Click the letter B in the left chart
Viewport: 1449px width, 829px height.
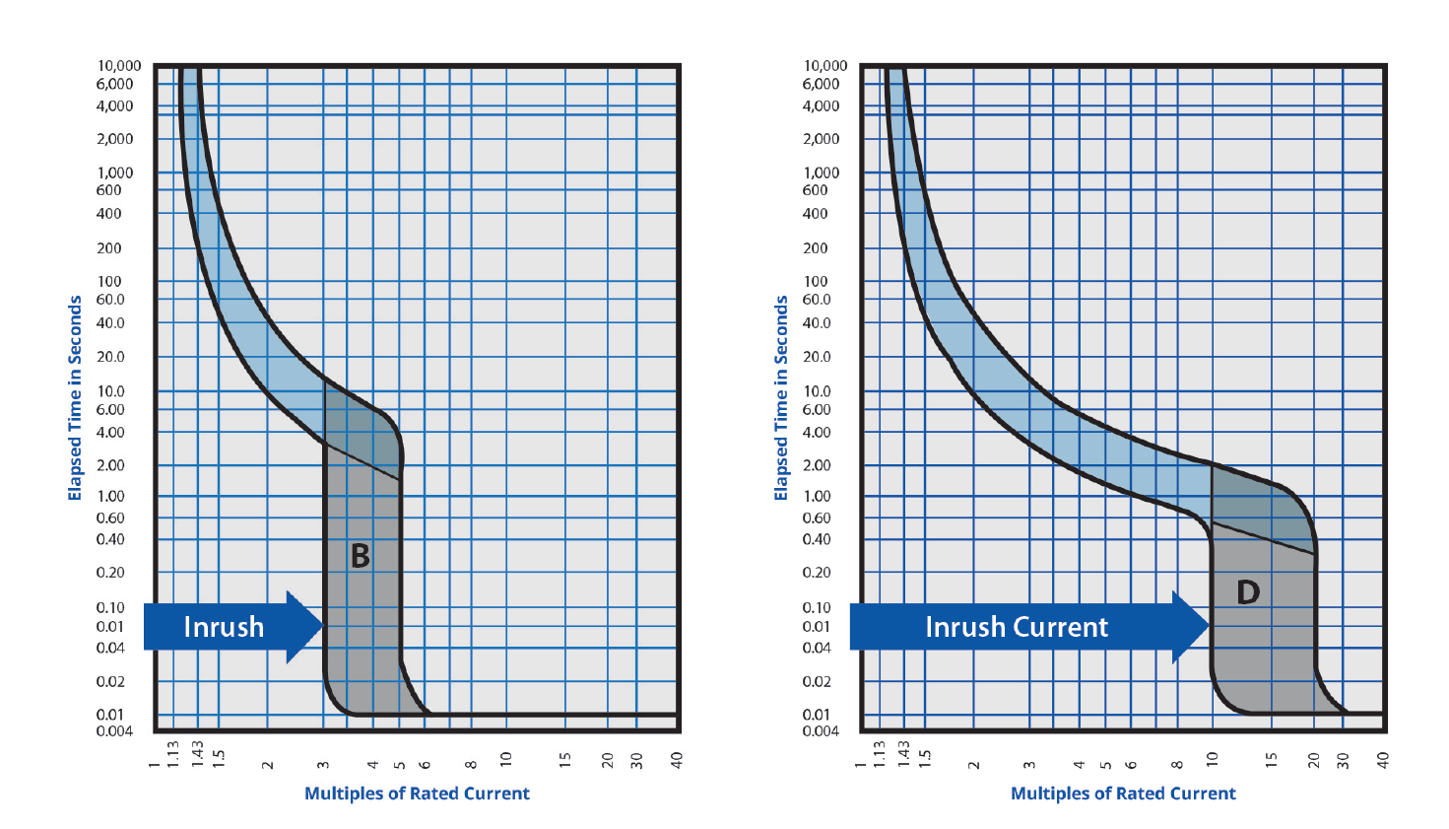(361, 556)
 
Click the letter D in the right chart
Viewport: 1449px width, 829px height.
(1248, 591)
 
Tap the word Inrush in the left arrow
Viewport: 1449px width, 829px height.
(224, 627)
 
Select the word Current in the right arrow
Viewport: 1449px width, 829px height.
(1062, 627)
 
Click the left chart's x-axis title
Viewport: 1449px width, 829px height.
(417, 794)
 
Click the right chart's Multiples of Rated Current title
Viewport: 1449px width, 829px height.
(1123, 794)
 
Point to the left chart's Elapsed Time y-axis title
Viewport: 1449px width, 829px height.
(75, 398)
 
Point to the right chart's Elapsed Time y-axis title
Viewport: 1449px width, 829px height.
(781, 398)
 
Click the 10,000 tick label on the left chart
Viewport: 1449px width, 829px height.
(119, 66)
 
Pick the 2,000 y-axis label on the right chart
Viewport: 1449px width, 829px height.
(821, 139)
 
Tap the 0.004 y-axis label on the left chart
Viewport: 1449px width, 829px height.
(114, 730)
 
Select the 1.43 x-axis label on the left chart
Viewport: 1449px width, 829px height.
(197, 756)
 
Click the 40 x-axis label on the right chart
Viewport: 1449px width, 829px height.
(1383, 760)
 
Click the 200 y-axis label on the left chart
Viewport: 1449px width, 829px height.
(109, 248)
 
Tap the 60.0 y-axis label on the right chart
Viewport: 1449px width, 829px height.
(817, 300)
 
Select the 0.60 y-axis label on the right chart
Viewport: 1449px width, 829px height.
(817, 518)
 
